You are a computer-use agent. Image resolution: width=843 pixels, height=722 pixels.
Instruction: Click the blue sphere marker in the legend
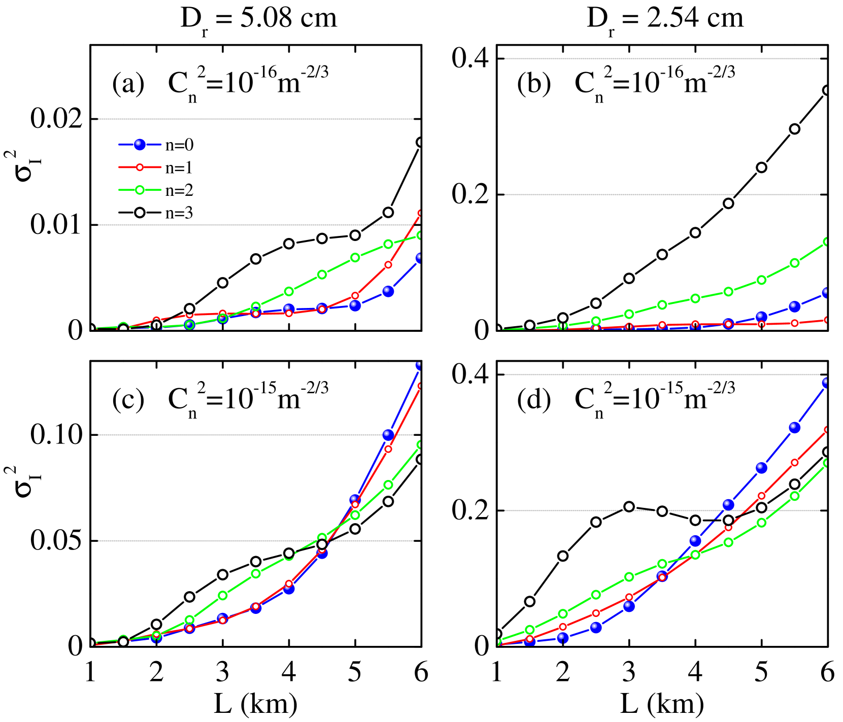tap(140, 145)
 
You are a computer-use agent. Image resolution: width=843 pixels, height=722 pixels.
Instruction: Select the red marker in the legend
tap(140, 167)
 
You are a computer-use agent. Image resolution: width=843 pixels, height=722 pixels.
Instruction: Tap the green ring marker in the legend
tap(140, 190)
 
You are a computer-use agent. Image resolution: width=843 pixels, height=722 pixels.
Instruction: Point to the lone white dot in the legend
tap(140, 212)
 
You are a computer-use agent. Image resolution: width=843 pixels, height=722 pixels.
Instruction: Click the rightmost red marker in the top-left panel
tap(421, 213)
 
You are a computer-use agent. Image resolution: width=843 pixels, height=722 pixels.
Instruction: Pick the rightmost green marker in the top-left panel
tap(421, 235)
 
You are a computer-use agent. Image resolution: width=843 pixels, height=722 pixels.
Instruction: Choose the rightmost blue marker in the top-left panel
tap(420, 258)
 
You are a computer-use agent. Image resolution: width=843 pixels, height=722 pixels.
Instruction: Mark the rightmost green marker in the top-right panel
tap(827, 242)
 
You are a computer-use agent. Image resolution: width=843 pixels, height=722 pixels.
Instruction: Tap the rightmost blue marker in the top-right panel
tap(827, 293)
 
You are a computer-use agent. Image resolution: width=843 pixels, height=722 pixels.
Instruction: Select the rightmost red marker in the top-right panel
tap(827, 320)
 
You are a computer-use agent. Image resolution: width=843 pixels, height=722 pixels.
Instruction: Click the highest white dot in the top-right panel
tap(827, 90)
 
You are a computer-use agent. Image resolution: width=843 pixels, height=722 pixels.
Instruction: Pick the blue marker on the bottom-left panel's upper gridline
tap(388, 435)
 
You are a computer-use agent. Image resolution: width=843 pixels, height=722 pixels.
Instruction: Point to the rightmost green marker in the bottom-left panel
tap(421, 444)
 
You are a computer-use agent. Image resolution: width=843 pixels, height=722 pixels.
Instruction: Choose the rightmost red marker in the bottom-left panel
tap(421, 386)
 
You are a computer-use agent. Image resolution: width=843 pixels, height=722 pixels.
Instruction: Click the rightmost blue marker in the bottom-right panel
tap(827, 382)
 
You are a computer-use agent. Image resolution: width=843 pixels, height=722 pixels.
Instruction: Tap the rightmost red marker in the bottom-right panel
tap(827, 430)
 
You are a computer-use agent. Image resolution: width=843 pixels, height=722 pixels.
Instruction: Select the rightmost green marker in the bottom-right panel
tap(827, 463)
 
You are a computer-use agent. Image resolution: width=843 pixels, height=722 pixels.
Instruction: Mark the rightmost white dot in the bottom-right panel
tap(827, 452)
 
